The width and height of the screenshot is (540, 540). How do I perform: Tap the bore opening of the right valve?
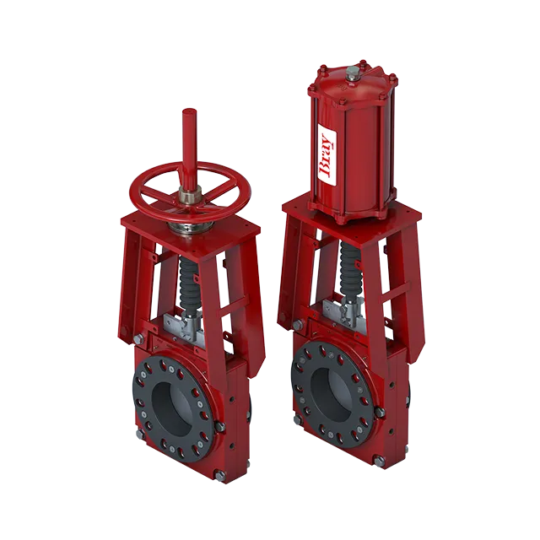[x=331, y=391]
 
